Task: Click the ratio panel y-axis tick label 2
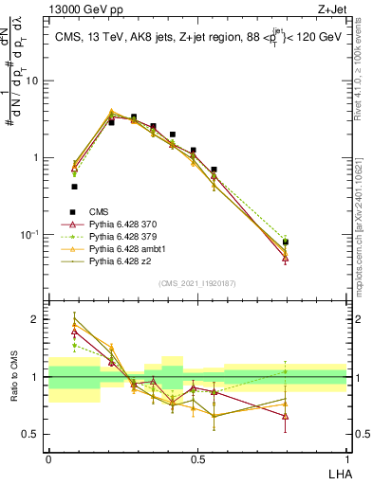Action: [x=37, y=319]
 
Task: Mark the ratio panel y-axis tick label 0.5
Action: [x=32, y=435]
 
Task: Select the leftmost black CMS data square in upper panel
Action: [x=74, y=187]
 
